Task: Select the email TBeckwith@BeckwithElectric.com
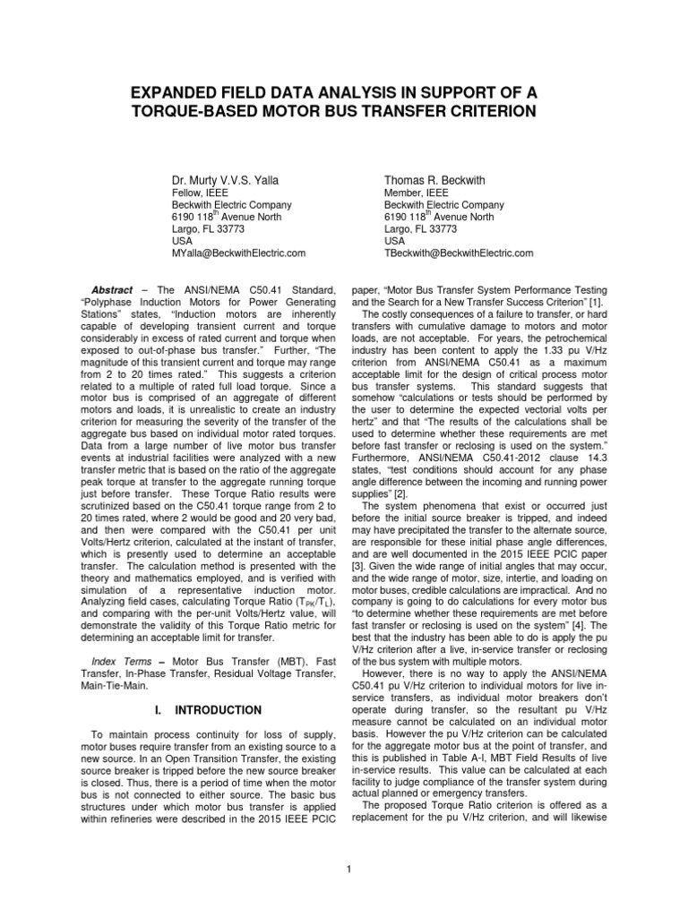click(x=459, y=253)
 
